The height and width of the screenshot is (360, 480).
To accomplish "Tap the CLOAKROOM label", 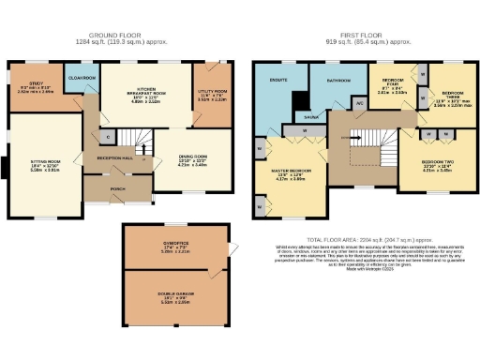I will pos(81,78).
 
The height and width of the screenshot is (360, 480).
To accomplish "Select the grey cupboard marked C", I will pos(108,137).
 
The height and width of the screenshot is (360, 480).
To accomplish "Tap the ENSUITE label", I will pos(279,82).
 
